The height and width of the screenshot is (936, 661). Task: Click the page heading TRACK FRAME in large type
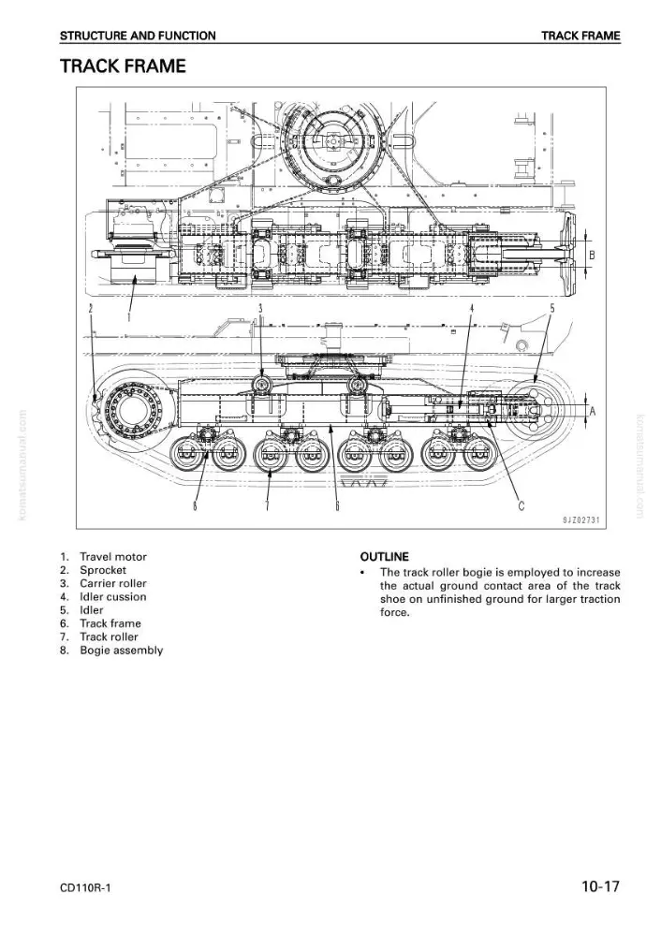click(123, 66)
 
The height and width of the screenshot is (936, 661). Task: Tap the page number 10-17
click(601, 886)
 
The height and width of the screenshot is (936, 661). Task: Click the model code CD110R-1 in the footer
click(85, 887)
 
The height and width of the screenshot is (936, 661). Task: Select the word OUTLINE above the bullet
click(385, 557)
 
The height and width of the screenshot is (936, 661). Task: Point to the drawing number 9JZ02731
click(581, 519)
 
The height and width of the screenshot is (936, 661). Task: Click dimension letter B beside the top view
click(593, 256)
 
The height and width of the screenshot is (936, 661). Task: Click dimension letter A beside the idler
click(593, 411)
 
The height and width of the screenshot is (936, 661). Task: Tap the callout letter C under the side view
click(521, 506)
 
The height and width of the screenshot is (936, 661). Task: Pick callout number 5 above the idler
click(552, 308)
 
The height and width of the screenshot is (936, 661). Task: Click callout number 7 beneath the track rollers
click(267, 506)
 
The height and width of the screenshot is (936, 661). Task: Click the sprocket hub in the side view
click(131, 412)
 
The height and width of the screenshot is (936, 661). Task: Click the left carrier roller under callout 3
click(261, 385)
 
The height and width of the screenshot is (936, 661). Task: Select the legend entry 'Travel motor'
click(113, 557)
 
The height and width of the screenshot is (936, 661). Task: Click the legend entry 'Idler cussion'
click(113, 597)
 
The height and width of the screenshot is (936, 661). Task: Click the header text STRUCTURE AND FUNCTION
click(138, 36)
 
